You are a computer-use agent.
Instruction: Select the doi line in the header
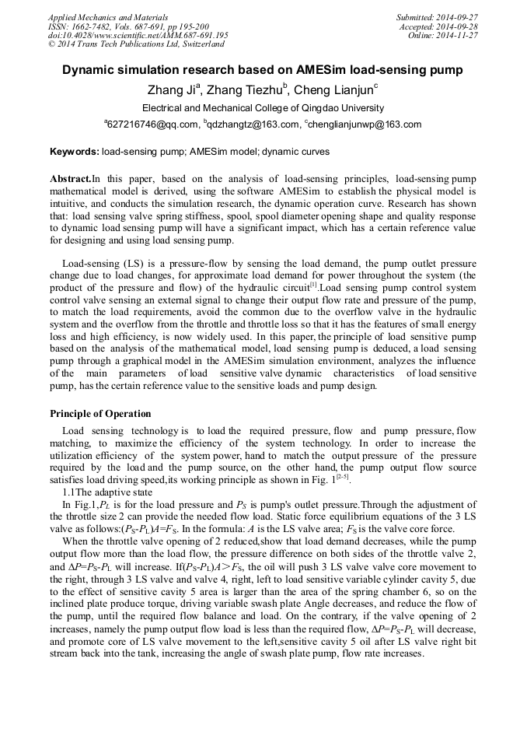[x=138, y=35]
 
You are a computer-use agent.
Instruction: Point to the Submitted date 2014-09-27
[x=437, y=16]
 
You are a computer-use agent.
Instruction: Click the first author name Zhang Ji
[x=173, y=89]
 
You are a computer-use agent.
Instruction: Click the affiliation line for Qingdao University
[x=263, y=108]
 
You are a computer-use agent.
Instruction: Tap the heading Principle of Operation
[x=100, y=413]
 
